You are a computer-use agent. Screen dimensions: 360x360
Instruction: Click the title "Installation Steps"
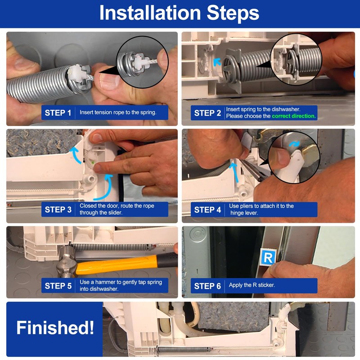(x=179, y=13)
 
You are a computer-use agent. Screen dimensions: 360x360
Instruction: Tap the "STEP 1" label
(x=58, y=113)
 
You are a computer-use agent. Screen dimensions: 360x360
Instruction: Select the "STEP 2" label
(x=207, y=113)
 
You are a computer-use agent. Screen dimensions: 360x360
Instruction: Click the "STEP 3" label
(x=58, y=210)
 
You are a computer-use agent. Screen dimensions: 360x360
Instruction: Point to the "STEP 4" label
(x=207, y=210)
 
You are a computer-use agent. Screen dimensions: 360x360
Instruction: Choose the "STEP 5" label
(x=58, y=286)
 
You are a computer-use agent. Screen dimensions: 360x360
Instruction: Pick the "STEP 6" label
(x=207, y=286)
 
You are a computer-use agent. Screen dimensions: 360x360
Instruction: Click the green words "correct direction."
(x=294, y=116)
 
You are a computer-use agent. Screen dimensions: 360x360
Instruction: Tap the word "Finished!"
(x=55, y=328)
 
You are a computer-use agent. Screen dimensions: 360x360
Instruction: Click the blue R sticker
(x=268, y=257)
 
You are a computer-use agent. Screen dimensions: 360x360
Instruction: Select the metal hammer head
(x=66, y=262)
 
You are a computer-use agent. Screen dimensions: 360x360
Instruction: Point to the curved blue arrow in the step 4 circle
(x=294, y=144)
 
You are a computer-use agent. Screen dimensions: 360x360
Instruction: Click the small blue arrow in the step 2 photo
(x=217, y=62)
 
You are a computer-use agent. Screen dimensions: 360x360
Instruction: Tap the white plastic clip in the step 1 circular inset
(x=140, y=62)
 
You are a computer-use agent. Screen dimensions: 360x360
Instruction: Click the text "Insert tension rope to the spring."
(x=118, y=112)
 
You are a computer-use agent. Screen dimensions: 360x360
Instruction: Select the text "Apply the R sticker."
(x=252, y=285)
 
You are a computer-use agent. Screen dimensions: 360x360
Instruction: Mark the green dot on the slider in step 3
(x=93, y=162)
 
